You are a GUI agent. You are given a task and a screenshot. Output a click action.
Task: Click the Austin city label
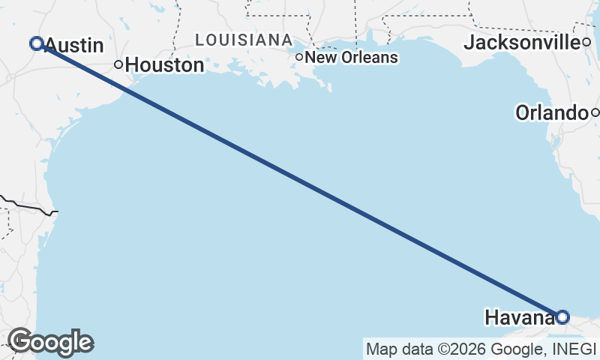click(x=74, y=46)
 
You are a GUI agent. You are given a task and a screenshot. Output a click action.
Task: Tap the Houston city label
click(x=164, y=65)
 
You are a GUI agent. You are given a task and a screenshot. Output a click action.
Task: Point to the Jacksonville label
click(x=522, y=43)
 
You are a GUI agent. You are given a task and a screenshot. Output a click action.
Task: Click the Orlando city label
click(x=550, y=113)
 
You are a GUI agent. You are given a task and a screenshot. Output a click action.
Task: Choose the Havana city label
click(x=520, y=317)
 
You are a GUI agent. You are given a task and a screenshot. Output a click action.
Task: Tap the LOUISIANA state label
click(x=243, y=39)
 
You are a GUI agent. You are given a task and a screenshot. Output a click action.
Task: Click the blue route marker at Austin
click(x=35, y=43)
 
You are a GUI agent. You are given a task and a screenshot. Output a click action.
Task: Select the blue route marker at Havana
click(x=562, y=317)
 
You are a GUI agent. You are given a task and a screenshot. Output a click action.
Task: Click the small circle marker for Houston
click(x=118, y=64)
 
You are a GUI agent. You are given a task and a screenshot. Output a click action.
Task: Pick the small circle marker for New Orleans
click(x=299, y=57)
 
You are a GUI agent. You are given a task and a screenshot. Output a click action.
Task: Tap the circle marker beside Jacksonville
click(x=587, y=42)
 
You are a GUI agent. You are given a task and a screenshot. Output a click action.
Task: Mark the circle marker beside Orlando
click(x=595, y=113)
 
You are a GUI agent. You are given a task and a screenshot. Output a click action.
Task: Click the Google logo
click(x=50, y=342)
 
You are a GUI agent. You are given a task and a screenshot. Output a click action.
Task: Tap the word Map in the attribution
click(x=379, y=349)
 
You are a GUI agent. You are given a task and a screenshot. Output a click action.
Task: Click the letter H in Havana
click(x=491, y=317)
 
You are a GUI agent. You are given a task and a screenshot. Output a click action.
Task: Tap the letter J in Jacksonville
click(x=469, y=43)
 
